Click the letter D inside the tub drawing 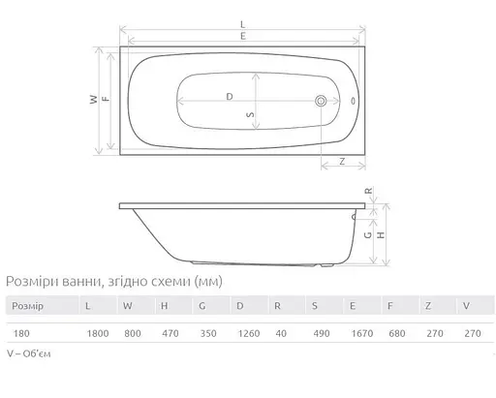coord(230,97)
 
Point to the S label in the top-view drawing coord(250,113)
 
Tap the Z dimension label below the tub coord(343,163)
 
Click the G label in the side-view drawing coord(368,233)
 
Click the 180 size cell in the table coord(20,329)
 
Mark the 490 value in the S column coord(316,329)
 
